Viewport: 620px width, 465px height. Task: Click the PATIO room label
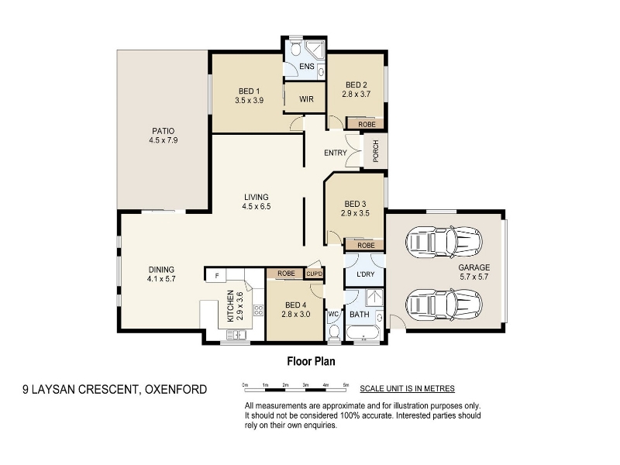pyautogui.click(x=163, y=131)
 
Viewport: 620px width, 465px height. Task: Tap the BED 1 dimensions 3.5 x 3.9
pyautogui.click(x=249, y=101)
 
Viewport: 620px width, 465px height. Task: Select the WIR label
pyautogui.click(x=306, y=99)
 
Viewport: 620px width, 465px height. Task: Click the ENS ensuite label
pyautogui.click(x=307, y=67)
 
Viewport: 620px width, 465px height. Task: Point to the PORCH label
pyautogui.click(x=376, y=151)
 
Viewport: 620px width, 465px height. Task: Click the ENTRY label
pyautogui.click(x=336, y=153)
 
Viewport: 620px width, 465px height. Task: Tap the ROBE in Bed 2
pyautogui.click(x=367, y=124)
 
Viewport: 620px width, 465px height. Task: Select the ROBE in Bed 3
pyautogui.click(x=366, y=246)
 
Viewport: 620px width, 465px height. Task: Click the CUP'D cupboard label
pyautogui.click(x=315, y=274)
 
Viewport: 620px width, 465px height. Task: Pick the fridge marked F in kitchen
pyautogui.click(x=216, y=276)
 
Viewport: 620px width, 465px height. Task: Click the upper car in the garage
pyautogui.click(x=444, y=242)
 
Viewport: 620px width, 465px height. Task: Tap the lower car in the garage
pyautogui.click(x=444, y=305)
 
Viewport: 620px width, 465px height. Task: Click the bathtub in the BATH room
pyautogui.click(x=363, y=333)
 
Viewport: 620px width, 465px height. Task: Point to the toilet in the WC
pyautogui.click(x=335, y=332)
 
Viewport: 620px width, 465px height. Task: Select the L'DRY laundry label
pyautogui.click(x=365, y=274)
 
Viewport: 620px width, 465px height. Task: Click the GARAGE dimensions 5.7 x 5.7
pyautogui.click(x=474, y=277)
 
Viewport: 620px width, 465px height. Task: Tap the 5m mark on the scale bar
pyautogui.click(x=346, y=384)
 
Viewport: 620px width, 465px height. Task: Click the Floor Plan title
pyautogui.click(x=312, y=361)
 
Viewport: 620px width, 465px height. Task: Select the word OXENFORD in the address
pyautogui.click(x=176, y=390)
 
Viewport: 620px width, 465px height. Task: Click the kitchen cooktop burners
pyautogui.click(x=259, y=310)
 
